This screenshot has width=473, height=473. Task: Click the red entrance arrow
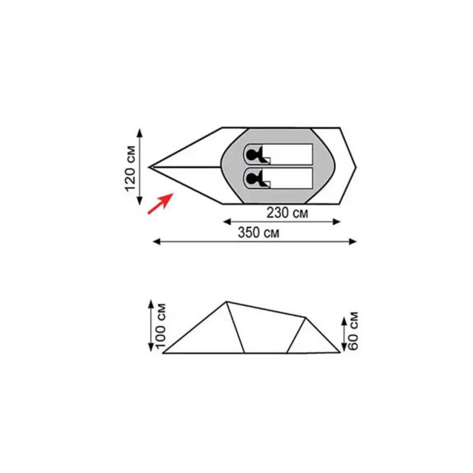(160, 204)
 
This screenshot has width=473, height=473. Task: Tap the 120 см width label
(130, 169)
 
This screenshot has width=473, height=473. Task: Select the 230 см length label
(287, 213)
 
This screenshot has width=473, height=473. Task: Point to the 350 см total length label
(259, 233)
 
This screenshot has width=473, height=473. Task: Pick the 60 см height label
(353, 331)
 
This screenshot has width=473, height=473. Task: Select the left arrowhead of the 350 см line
(156, 242)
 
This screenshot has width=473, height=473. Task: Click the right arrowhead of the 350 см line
(353, 242)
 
